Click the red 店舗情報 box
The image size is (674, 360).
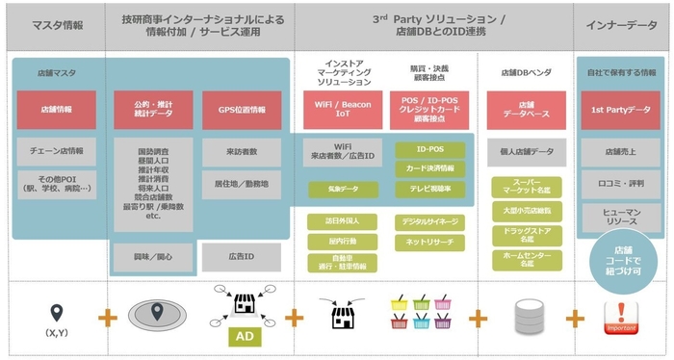[x=56, y=111]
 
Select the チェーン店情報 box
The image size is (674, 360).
[x=56, y=150]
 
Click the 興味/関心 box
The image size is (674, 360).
[x=146, y=256]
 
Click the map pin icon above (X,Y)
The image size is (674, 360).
[x=56, y=312]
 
